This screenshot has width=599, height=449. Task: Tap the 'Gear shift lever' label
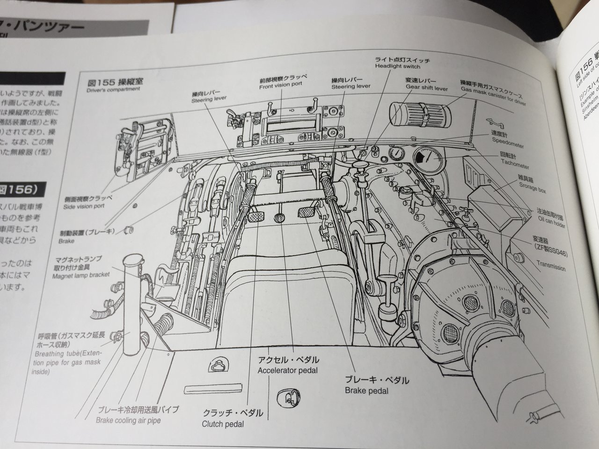pyautogui.click(x=426, y=88)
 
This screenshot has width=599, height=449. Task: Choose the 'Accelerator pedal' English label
pyautogui.click(x=287, y=370)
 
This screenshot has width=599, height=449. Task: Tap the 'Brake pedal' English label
pyautogui.click(x=366, y=391)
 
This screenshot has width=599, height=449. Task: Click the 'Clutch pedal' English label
pyautogui.click(x=223, y=425)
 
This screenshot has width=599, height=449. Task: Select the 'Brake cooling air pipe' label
pyautogui.click(x=128, y=420)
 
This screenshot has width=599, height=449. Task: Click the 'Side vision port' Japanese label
pyautogui.click(x=88, y=198)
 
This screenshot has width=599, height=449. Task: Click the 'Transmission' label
pyautogui.click(x=551, y=268)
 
